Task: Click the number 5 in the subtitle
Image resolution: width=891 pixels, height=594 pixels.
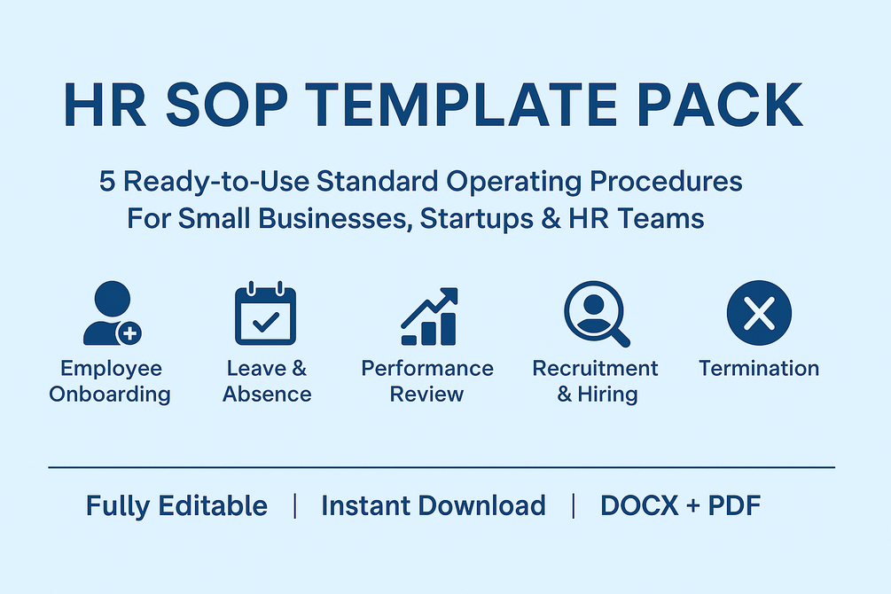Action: coord(107,182)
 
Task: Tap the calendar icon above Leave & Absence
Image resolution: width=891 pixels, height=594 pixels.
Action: coord(266,314)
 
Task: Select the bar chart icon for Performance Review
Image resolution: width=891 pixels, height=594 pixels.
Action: coord(429,317)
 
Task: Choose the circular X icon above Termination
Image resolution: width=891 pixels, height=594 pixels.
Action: coord(758,313)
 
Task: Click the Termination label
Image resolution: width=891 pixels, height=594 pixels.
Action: coord(758,369)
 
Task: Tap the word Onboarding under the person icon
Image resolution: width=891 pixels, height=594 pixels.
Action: coord(110,395)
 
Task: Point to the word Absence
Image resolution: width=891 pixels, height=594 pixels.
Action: coord(267,395)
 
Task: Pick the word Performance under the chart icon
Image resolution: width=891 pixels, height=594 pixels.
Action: coord(427,369)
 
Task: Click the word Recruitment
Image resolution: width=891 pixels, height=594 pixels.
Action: coord(595,369)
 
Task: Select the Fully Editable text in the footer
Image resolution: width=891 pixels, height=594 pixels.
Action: coord(176,506)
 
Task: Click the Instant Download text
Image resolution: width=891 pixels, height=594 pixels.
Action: coord(433,506)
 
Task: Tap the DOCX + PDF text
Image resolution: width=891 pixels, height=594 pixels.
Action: coord(680,506)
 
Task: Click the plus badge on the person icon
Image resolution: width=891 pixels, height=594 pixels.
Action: coord(131,334)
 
